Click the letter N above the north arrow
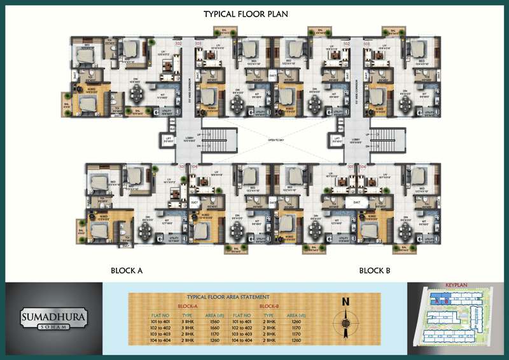(x=345, y=302)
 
